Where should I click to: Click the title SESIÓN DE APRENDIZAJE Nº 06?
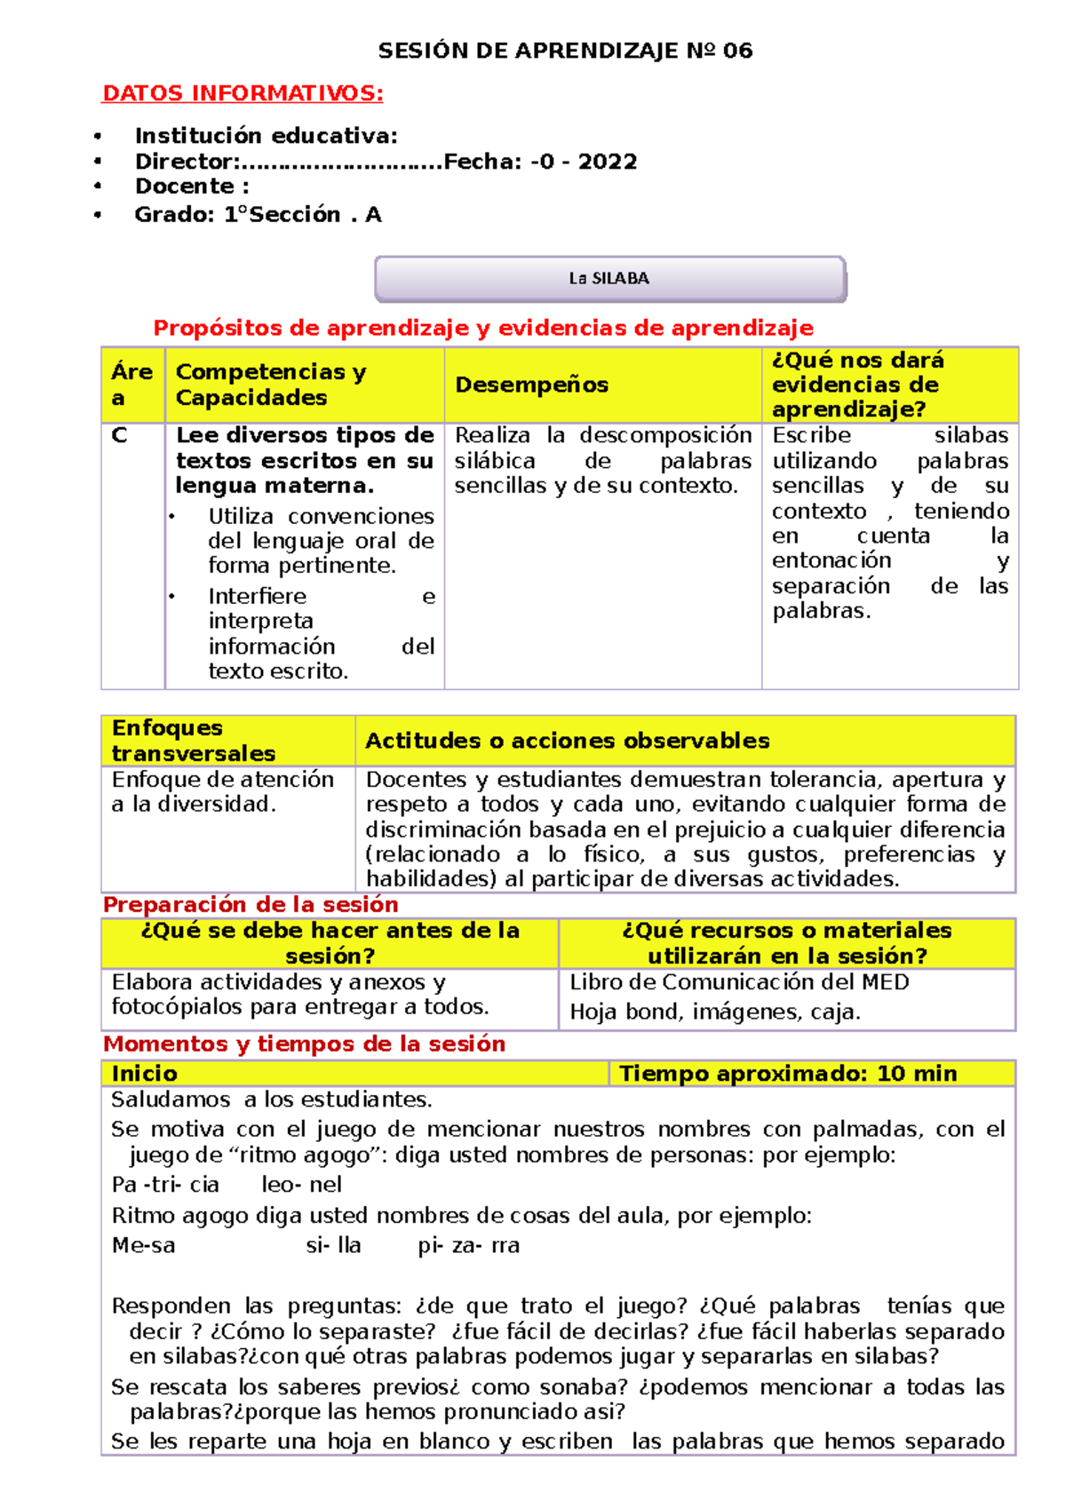pyautogui.click(x=565, y=51)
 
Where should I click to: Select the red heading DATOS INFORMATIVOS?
pyautogui.click(x=243, y=93)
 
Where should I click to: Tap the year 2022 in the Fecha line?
pyautogui.click(x=607, y=162)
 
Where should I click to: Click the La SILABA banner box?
pyautogui.click(x=609, y=279)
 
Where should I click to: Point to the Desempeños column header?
pyautogui.click(x=531, y=385)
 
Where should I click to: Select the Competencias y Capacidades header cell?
pyautogui.click(x=270, y=385)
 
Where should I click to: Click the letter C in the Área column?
pyautogui.click(x=119, y=436)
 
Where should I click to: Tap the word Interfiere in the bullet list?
pyautogui.click(x=257, y=596)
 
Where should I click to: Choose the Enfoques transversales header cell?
pyautogui.click(x=193, y=741)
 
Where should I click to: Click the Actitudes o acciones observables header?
pyautogui.click(x=567, y=741)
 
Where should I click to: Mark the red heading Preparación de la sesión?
pyautogui.click(x=251, y=904)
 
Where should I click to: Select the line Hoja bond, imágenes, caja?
pyautogui.click(x=714, y=1012)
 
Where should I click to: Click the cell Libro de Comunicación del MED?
pyautogui.click(x=739, y=982)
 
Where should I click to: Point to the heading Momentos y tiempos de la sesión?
pyautogui.click(x=304, y=1044)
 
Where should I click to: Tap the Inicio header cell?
pyautogui.click(x=145, y=1074)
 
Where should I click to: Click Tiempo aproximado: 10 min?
pyautogui.click(x=787, y=1074)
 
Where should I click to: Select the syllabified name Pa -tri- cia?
pyautogui.click(x=165, y=1185)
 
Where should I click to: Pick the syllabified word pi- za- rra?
pyautogui.click(x=468, y=1246)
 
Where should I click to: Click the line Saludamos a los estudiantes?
pyautogui.click(x=271, y=1099)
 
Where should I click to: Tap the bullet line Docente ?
pyautogui.click(x=191, y=187)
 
